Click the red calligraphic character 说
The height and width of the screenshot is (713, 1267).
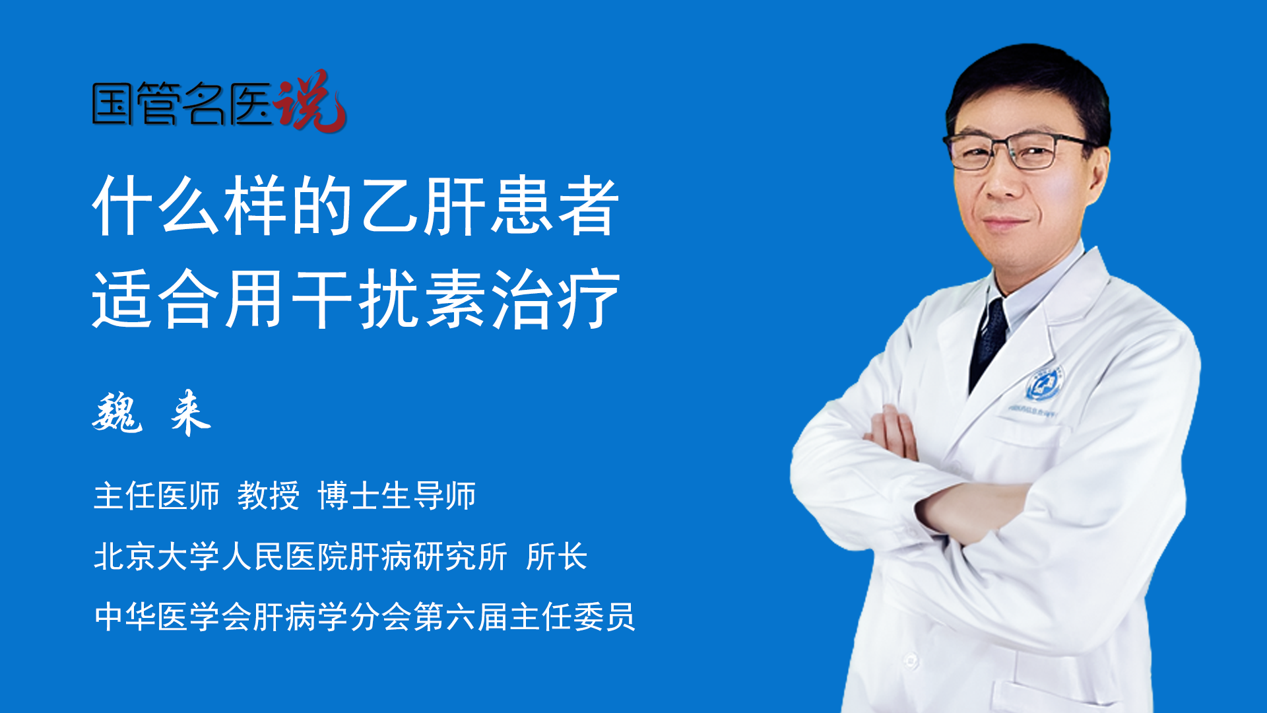point(310,101)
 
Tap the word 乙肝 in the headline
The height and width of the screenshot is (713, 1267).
point(423,206)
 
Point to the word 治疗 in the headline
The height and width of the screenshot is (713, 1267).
point(556,299)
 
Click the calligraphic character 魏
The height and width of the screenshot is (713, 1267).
point(117,413)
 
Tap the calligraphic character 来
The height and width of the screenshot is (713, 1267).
point(190,413)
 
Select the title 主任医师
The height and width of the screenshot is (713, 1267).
point(156,496)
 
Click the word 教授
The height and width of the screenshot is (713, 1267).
point(269,496)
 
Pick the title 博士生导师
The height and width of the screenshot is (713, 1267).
point(397,496)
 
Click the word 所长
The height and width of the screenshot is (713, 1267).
point(556,557)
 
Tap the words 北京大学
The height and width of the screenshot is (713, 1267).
point(156,557)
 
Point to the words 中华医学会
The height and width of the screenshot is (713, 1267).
point(172,617)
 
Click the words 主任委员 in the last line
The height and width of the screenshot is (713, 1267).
point(572,617)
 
